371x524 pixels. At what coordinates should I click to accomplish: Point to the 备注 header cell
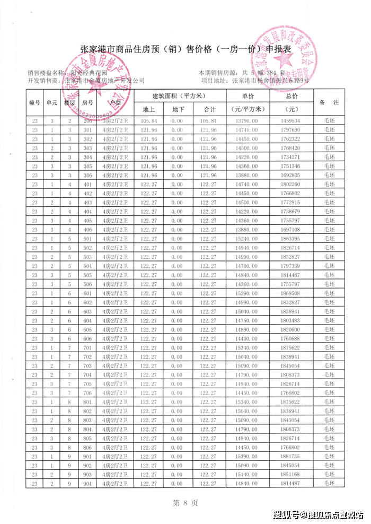pyautogui.click(x=332, y=102)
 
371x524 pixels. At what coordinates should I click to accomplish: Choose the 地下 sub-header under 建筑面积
pyautogui.click(x=178, y=109)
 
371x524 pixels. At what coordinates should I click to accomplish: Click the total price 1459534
pyautogui.click(x=291, y=121)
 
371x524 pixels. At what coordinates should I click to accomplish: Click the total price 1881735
pyautogui.click(x=291, y=456)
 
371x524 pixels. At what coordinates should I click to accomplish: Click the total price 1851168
pyautogui.click(x=291, y=474)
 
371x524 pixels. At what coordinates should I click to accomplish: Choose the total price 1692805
pyautogui.click(x=291, y=175)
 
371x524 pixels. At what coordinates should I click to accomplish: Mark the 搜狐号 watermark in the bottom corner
pyautogui.click(x=318, y=514)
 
